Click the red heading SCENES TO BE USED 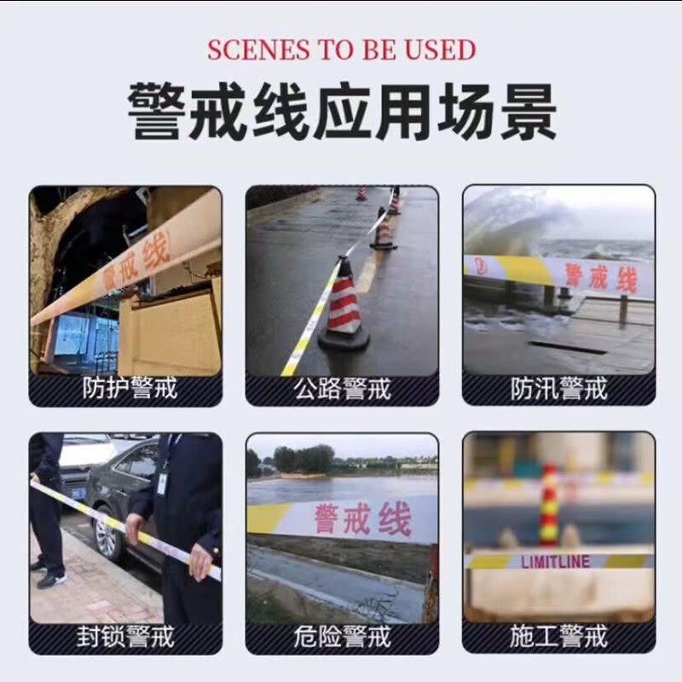click(x=341, y=49)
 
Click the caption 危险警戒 click(x=342, y=637)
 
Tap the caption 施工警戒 click(x=559, y=637)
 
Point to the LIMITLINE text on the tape click(x=555, y=562)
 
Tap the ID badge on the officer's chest click(x=162, y=481)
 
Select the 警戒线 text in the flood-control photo click(x=601, y=278)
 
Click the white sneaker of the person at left click(x=51, y=579)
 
